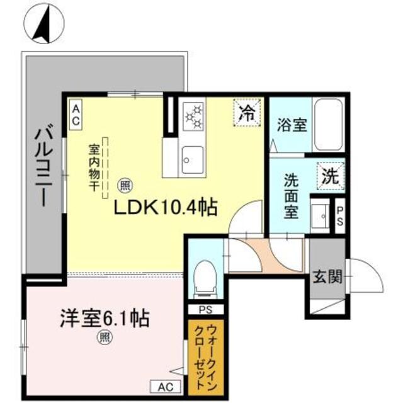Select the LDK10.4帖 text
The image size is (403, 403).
[x=165, y=207]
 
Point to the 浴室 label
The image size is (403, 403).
[x=292, y=124]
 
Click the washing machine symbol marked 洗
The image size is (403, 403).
[x=329, y=176]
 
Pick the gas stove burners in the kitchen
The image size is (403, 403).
[x=194, y=116]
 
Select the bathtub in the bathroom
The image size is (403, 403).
[x=327, y=124]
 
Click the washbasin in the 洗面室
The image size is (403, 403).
[x=321, y=215]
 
